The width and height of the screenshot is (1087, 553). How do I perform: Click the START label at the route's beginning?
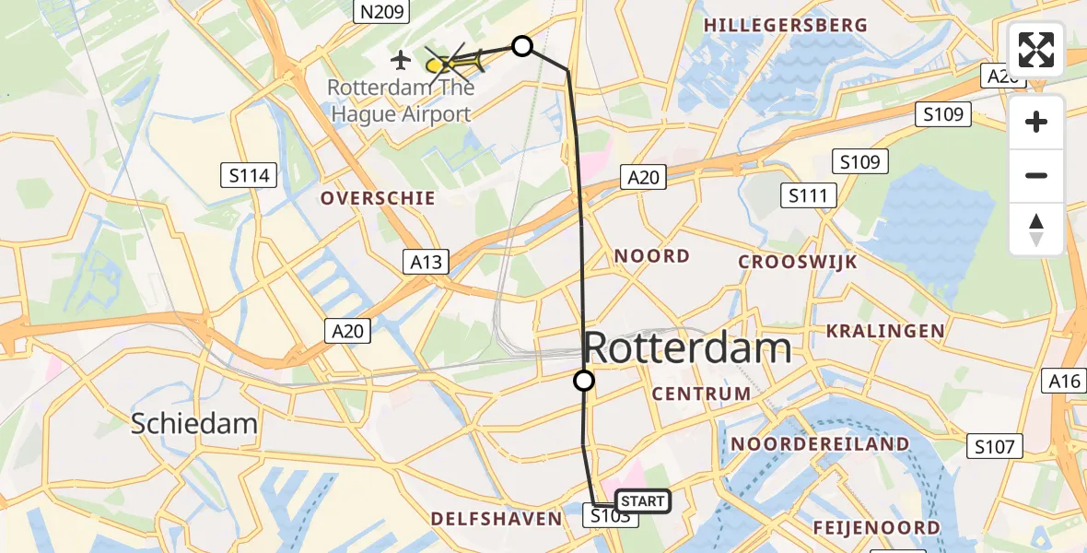point(643,501)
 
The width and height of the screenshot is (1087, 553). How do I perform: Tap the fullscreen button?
point(1036,50)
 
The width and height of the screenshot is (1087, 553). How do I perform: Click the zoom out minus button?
point(1036,176)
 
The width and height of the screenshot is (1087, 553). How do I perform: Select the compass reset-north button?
point(1036,229)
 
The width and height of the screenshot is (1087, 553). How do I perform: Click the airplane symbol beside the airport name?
point(400,61)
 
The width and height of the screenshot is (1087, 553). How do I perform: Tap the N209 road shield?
point(380,11)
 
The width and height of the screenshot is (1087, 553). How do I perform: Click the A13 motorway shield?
point(426,262)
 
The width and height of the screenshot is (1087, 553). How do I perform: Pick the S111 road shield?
point(808,195)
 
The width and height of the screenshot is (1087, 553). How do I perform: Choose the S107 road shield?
point(996,447)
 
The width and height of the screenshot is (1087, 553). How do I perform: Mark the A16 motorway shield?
point(1066,380)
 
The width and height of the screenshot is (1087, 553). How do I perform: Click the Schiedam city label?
point(193,423)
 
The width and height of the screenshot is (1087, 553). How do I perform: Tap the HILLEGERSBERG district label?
point(786,25)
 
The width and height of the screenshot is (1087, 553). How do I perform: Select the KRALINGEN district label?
point(885,331)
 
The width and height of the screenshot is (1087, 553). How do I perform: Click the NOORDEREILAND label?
point(820,444)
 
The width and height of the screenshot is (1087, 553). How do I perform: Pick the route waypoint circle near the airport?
point(522,45)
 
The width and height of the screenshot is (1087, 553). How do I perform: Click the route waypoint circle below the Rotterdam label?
point(584,380)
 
